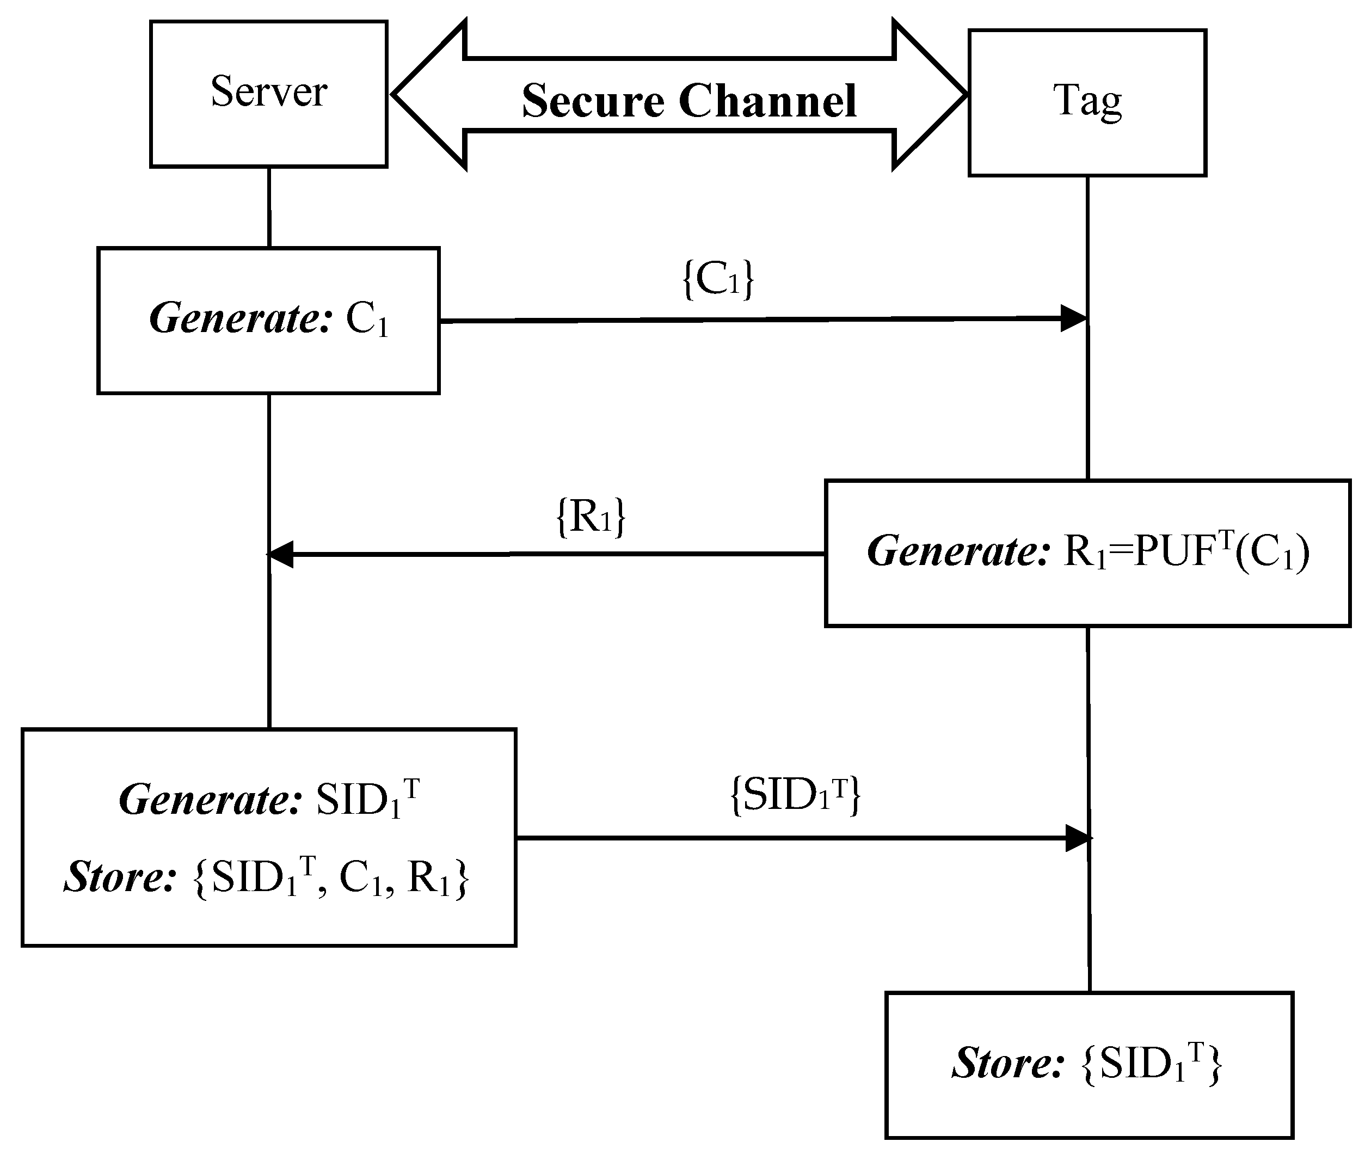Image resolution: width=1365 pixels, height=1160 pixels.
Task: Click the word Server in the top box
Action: [x=268, y=91]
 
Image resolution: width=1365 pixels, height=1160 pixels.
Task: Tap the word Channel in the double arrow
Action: [x=767, y=101]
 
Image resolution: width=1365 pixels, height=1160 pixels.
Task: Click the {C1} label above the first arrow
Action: [x=718, y=279]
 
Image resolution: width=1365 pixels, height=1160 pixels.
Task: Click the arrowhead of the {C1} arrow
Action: [x=1073, y=318]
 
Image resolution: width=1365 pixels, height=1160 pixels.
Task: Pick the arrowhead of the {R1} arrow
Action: [x=281, y=554]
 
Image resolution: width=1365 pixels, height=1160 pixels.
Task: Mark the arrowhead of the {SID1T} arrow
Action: [x=1077, y=838]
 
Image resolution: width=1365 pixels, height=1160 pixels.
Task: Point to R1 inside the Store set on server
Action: [x=427, y=878]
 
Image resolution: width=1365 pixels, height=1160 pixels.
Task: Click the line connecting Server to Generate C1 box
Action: [x=269, y=207]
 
